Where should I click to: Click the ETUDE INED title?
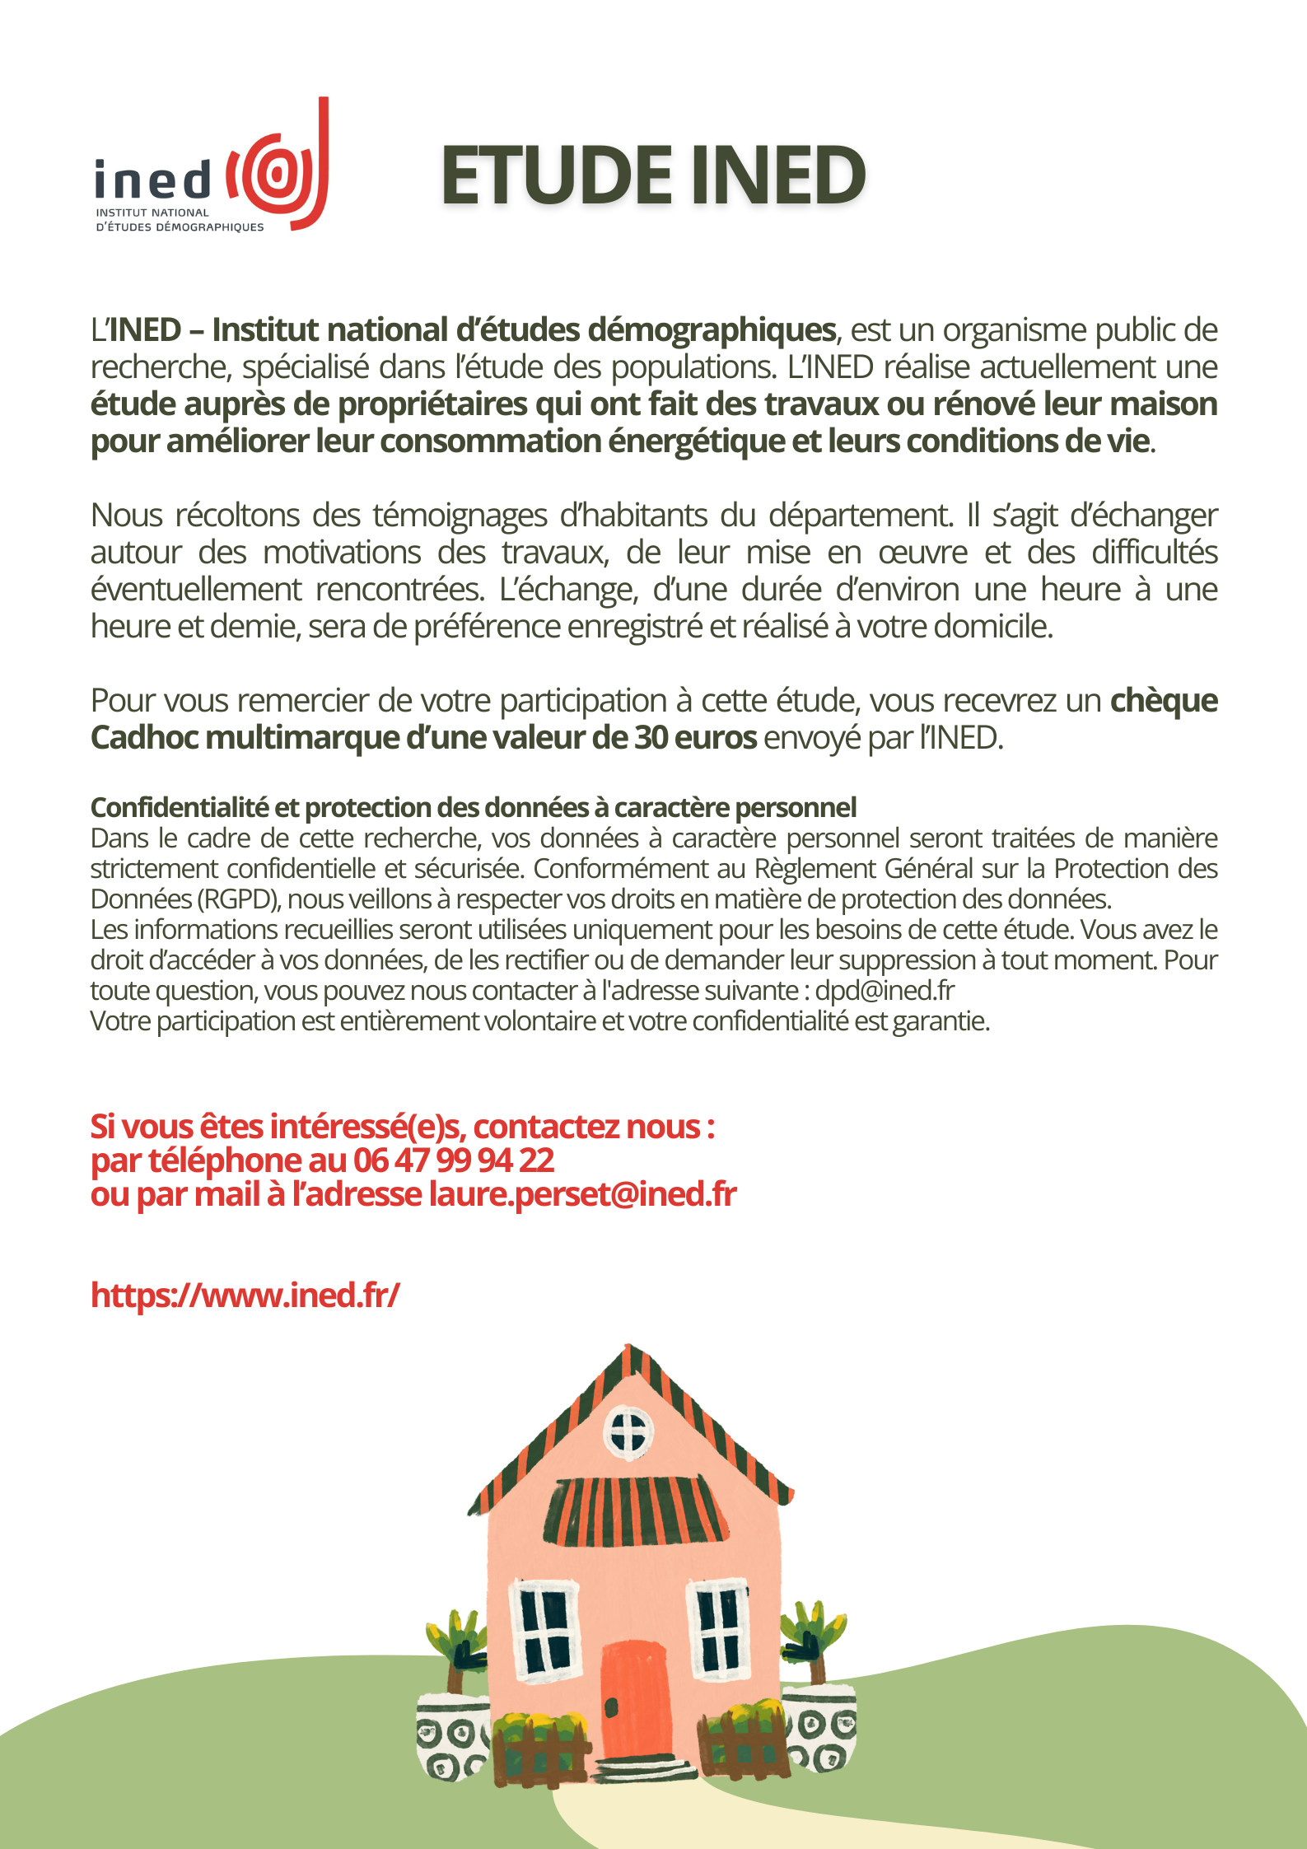pos(652,175)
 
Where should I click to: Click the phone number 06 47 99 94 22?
pos(454,1160)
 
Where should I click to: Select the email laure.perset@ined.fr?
pos(582,1194)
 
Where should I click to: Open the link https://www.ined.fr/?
pos(245,1295)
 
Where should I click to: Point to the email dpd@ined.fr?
pos(885,991)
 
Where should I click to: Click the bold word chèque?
pos(1164,701)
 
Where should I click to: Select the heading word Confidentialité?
pos(180,808)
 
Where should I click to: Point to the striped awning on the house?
pos(635,1510)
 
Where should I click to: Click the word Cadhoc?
pos(143,738)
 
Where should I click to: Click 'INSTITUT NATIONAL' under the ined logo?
pos(152,212)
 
